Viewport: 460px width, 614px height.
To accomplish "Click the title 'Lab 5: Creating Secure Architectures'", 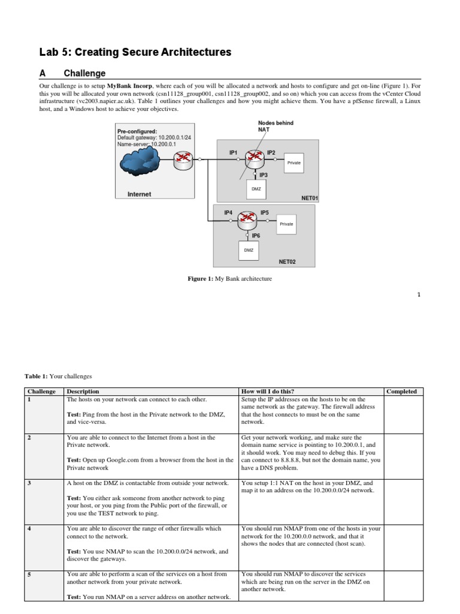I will tap(135, 52).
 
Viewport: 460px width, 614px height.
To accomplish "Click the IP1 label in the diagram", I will tap(234, 153).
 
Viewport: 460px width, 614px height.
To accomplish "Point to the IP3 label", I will tap(264, 174).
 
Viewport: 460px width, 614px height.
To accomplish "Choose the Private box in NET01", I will tap(294, 162).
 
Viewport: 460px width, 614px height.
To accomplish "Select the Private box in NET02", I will tap(287, 224).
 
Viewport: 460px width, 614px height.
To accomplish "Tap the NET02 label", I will tap(287, 261).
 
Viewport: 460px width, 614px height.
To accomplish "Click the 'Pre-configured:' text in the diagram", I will tap(137, 131).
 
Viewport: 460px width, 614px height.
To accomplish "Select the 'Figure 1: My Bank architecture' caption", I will tap(230, 279).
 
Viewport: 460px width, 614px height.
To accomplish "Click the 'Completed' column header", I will tap(401, 392).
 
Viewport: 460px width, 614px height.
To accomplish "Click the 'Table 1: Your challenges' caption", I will tap(58, 376).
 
